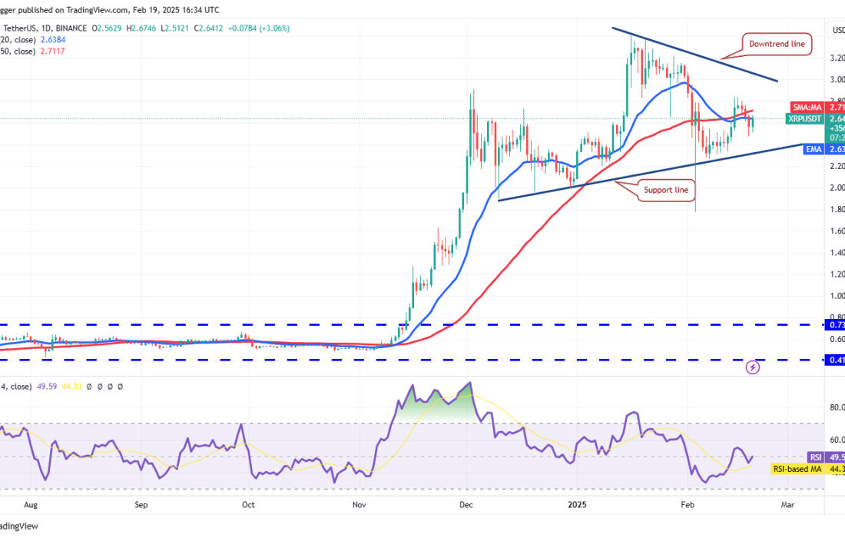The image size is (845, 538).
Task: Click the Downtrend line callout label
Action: [x=777, y=45]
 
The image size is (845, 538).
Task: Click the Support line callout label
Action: [x=668, y=189]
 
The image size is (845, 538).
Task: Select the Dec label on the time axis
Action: [x=466, y=505]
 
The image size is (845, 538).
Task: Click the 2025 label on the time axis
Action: [x=577, y=505]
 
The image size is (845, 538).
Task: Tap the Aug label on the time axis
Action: [x=31, y=505]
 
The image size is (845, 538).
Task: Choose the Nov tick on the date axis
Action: [x=359, y=505]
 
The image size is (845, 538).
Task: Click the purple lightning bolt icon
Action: [x=754, y=367]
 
